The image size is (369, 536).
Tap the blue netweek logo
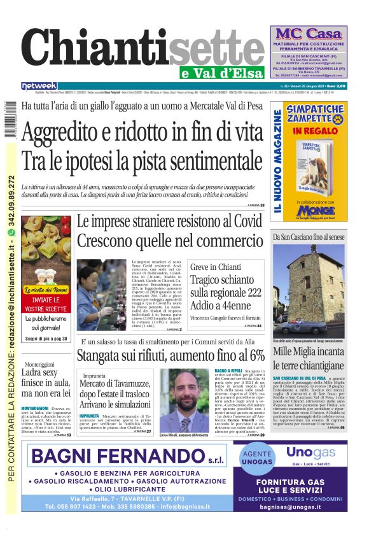click(39, 86)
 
